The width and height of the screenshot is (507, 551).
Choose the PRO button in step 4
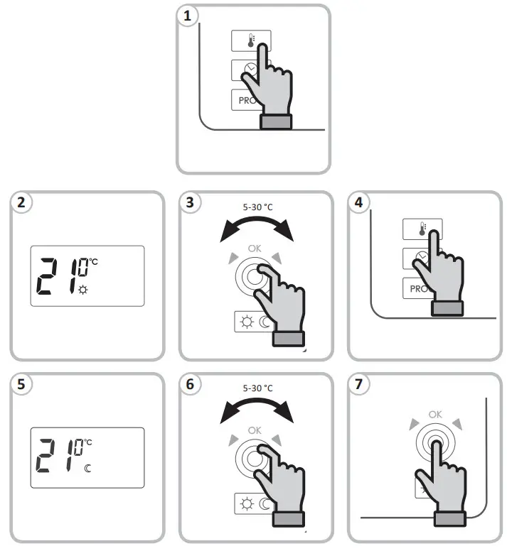coord(414,287)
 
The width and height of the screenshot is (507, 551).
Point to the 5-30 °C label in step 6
coord(257,388)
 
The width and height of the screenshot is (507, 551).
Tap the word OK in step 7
coord(435,414)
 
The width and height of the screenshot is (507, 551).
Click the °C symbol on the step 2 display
coord(93,263)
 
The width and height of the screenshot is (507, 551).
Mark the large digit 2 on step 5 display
coord(49,457)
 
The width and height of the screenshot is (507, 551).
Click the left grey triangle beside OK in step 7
coord(414,425)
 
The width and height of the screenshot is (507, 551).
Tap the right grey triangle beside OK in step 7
coord(457,425)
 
